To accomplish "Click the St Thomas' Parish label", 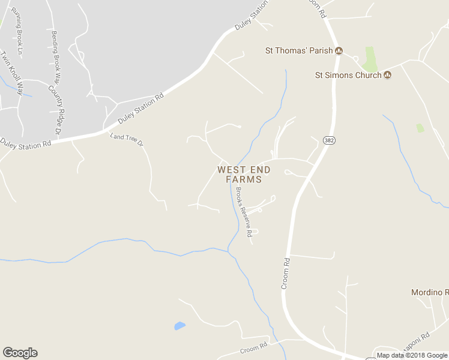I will tap(299, 51).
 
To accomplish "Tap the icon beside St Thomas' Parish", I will tap(339, 51).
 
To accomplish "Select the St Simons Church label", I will tap(348, 75).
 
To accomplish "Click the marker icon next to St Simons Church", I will tap(388, 75).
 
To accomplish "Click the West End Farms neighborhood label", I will tap(244, 175).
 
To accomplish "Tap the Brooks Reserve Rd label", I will tap(243, 212).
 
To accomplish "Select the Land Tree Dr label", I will tap(127, 140).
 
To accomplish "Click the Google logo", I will tap(20, 353).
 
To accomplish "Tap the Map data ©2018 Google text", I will tap(412, 355).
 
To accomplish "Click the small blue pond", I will tap(179, 326).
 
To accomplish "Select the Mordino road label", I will tap(430, 292).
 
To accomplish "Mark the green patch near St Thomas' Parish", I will tap(370, 59).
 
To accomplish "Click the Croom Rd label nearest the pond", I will tap(253, 348).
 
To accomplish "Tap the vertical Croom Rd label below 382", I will tap(286, 274).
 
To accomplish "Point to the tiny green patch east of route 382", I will tap(420, 128).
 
